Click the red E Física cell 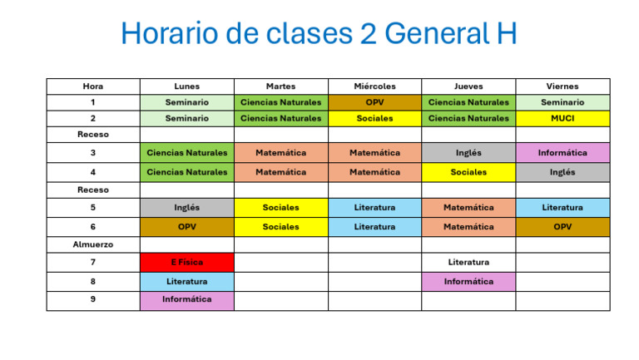coord(186,262)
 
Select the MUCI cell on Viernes coord(562,118)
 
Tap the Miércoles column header coord(374,86)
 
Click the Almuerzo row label coord(93,244)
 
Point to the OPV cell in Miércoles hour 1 coord(374,102)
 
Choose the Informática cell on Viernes coord(562,153)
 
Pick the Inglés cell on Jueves coord(468,153)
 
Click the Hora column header coord(93,86)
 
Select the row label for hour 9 coord(93,299)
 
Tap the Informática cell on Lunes coord(186,299)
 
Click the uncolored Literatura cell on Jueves coord(468,262)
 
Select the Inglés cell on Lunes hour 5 coord(186,208)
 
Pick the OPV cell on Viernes coord(562,226)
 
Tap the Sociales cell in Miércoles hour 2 coord(374,118)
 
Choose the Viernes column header coord(562,86)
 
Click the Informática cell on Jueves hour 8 coord(468,281)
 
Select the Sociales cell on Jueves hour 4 coord(468,172)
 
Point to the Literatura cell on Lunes coord(186,281)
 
